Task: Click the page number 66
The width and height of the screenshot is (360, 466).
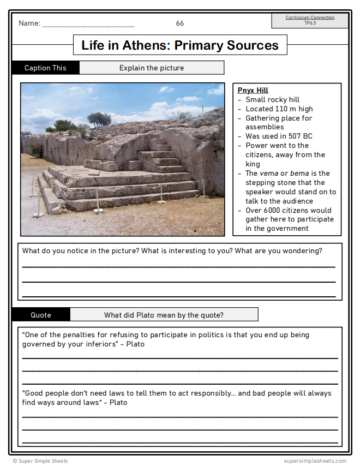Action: click(180, 23)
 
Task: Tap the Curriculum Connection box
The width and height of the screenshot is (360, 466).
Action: click(310, 20)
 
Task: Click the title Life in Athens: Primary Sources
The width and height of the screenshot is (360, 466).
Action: click(180, 45)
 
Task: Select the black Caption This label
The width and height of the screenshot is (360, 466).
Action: click(45, 68)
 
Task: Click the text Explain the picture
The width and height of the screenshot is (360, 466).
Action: click(152, 68)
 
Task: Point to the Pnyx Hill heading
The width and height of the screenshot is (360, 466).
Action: click(253, 91)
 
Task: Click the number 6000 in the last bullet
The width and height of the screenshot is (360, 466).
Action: click(271, 211)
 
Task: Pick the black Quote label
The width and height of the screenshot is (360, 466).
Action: click(41, 315)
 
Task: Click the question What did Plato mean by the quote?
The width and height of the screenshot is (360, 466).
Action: click(164, 315)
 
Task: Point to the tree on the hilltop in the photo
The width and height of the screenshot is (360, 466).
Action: click(99, 119)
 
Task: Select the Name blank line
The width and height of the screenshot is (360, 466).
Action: click(88, 25)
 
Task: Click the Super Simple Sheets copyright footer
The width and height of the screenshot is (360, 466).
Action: click(41, 461)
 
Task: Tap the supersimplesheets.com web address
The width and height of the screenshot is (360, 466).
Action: click(315, 461)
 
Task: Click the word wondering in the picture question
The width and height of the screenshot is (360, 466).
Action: click(303, 251)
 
